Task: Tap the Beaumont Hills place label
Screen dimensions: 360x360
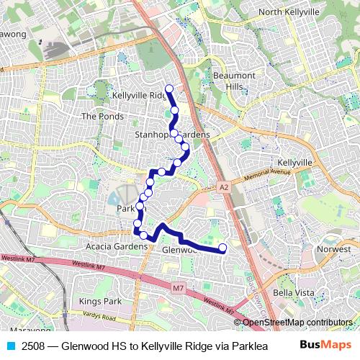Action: coord(234,81)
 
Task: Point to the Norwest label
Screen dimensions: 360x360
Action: coord(333,250)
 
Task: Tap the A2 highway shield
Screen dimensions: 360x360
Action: coord(223,186)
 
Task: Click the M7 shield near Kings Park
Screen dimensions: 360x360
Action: coord(179,288)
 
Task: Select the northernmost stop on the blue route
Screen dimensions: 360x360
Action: coord(169,89)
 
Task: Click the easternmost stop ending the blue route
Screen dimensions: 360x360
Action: coord(222,248)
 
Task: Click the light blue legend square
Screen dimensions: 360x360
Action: coord(9,346)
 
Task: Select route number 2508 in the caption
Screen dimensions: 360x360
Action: coord(33,346)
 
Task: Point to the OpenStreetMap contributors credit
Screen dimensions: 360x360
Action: coord(297,323)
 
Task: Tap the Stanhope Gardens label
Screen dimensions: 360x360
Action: coord(172,135)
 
